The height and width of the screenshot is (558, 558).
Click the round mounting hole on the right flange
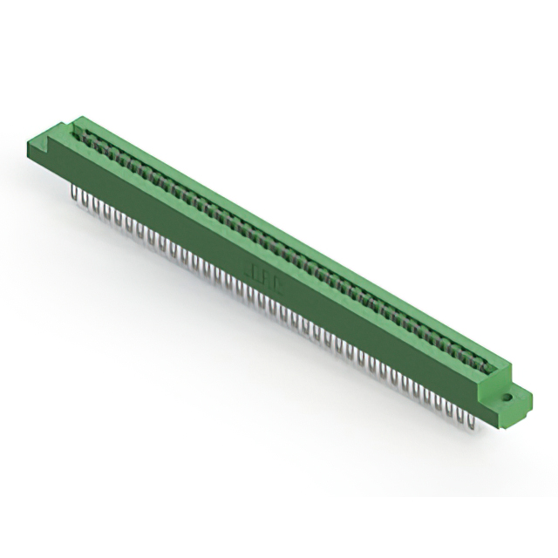(507, 398)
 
